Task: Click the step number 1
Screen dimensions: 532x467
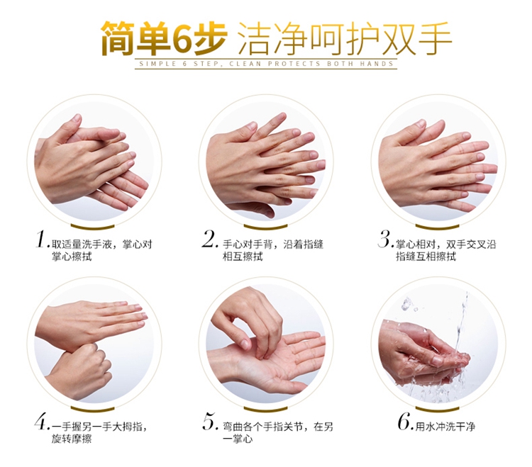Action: [x=41, y=240]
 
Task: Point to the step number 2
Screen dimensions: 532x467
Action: [x=209, y=240]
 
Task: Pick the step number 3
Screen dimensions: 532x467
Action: [x=385, y=240]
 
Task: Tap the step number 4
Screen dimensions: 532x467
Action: [x=42, y=422]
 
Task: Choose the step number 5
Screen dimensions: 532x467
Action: [x=211, y=422]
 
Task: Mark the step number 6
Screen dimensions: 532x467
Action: [x=406, y=422]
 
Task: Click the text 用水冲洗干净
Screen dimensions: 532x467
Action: [x=445, y=427]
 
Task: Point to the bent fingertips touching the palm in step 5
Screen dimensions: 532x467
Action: [x=258, y=350]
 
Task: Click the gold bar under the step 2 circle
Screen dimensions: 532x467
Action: [x=266, y=226]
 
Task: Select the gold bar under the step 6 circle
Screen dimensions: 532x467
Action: [x=438, y=409]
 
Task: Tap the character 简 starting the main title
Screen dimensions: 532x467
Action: [x=118, y=38]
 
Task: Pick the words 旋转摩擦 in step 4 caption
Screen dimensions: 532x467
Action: [x=72, y=439]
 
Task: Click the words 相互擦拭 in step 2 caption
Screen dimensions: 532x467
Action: [x=243, y=257]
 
